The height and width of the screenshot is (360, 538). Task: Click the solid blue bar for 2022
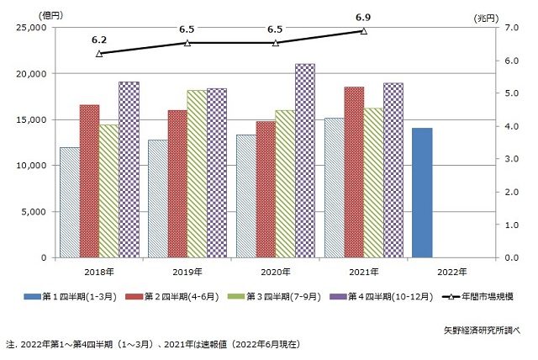point(422,193)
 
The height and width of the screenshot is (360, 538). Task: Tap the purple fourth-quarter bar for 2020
point(305,161)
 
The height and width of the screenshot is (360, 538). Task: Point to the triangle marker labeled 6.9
point(364,30)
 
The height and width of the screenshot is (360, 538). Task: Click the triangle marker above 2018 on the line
point(99,53)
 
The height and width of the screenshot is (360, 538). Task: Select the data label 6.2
point(99,40)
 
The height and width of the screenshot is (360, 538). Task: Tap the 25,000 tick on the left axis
point(32,27)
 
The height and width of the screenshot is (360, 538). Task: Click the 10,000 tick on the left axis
point(32,166)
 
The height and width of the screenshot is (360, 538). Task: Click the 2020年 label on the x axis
point(276,271)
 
